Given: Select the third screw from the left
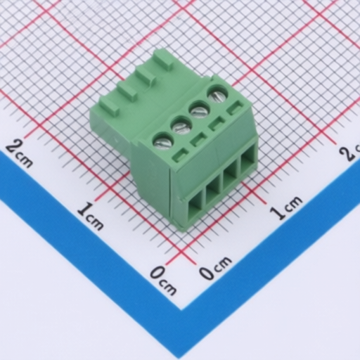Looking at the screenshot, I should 200,109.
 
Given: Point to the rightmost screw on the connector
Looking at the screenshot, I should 217,94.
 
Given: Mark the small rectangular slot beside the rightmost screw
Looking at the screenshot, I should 235,108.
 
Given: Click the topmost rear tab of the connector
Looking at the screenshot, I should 163,58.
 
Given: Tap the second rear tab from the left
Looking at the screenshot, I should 127,90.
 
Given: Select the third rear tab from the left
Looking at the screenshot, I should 146,74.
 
